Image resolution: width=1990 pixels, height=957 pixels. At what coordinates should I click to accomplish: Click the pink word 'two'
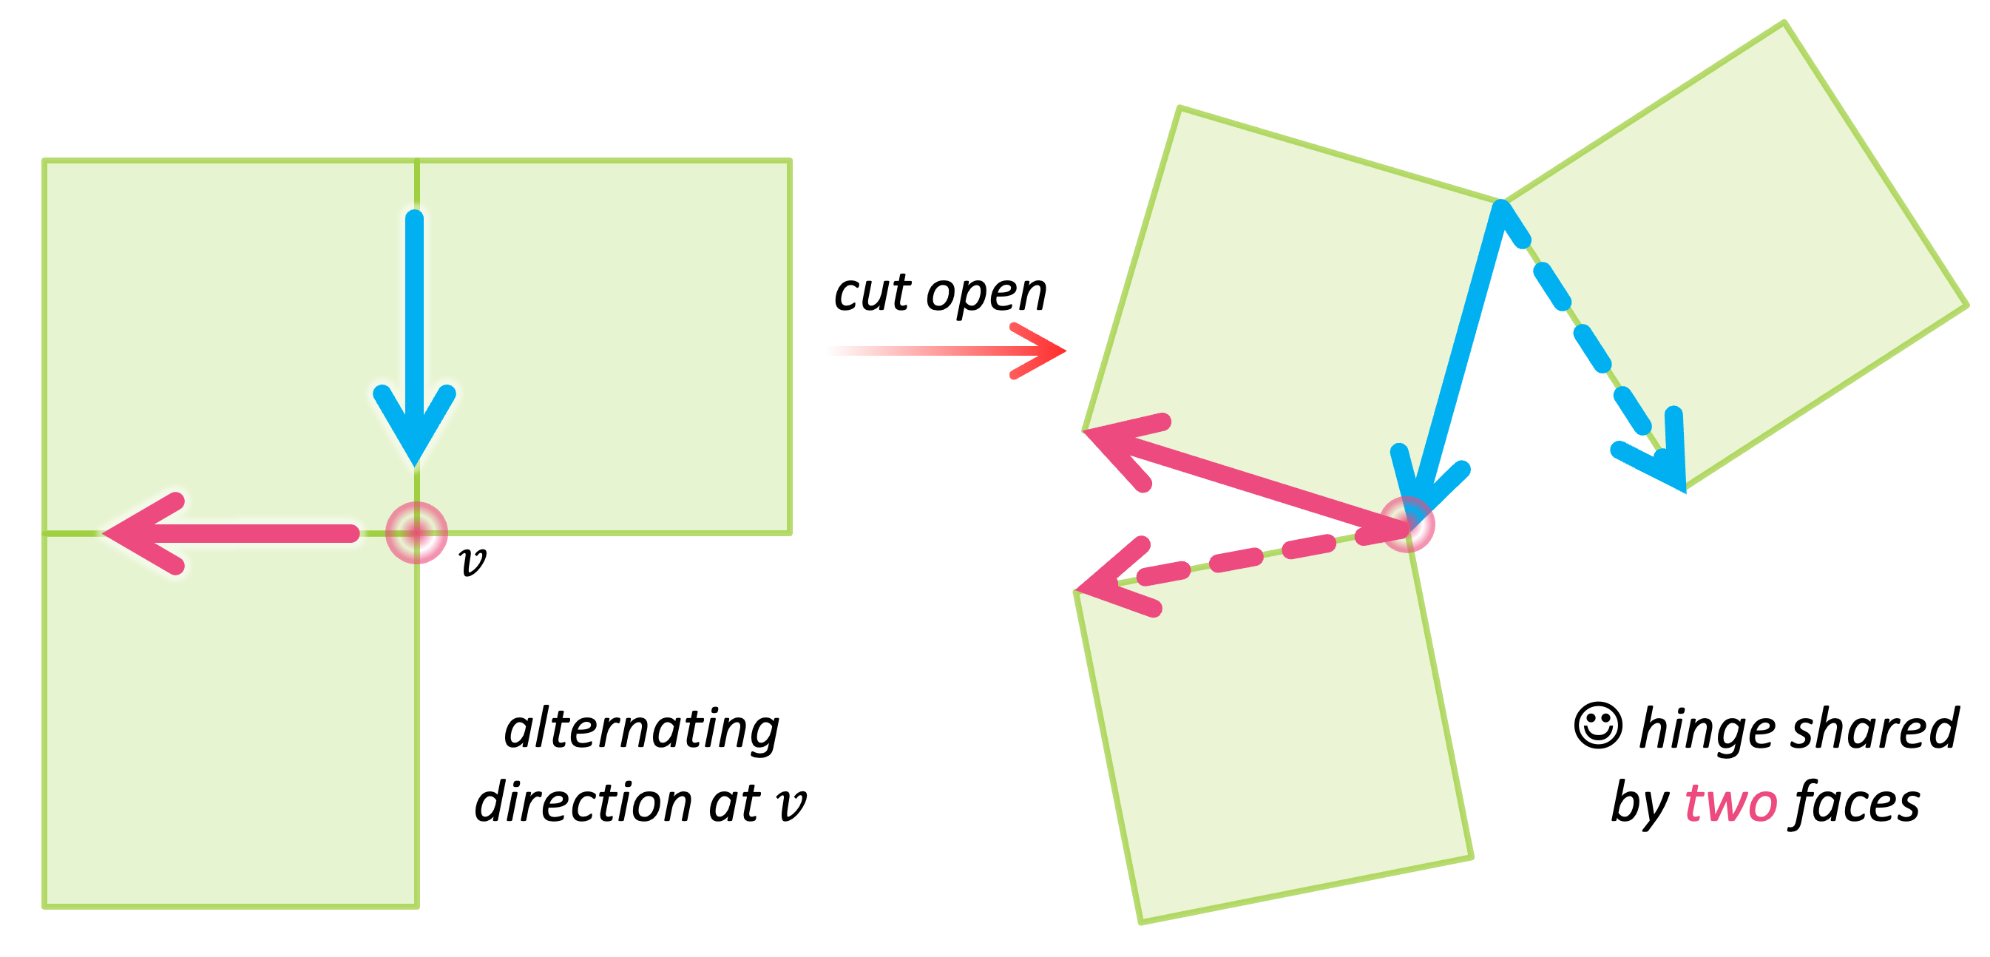point(1731,803)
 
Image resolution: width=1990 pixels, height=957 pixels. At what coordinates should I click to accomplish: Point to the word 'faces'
point(1853,803)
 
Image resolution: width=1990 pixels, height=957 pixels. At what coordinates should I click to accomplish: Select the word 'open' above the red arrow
point(986,295)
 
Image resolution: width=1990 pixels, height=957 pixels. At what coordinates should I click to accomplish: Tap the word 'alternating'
point(641,729)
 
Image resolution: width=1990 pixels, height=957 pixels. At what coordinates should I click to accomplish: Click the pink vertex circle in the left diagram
point(416,532)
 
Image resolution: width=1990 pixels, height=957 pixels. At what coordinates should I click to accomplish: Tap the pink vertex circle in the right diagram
point(1407,525)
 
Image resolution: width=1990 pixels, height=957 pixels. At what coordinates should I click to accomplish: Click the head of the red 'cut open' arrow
point(1043,351)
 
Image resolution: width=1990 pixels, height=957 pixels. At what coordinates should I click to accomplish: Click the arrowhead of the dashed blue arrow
point(1661,459)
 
